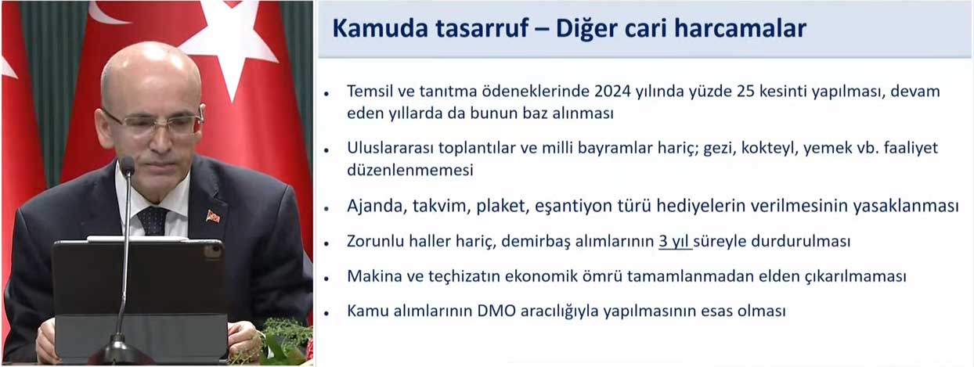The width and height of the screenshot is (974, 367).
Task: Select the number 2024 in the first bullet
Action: [612, 92]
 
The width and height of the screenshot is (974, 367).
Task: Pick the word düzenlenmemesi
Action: [410, 170]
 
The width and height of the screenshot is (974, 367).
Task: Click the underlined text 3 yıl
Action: [675, 241]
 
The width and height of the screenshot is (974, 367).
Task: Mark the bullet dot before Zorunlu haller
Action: [326, 243]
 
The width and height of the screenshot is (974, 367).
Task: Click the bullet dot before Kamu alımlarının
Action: [326, 314]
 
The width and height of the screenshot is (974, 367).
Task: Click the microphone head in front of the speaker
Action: [127, 166]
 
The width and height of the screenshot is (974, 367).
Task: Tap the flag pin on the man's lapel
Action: [213, 216]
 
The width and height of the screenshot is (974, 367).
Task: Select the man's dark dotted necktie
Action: [152, 221]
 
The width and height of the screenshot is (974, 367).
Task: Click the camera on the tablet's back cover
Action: [213, 252]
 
